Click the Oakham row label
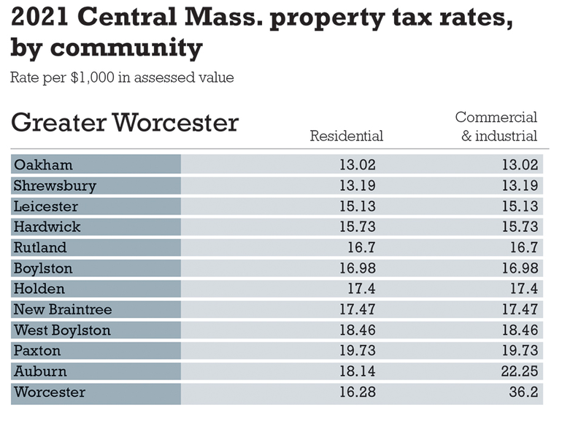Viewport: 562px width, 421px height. (x=43, y=164)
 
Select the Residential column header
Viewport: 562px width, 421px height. (x=346, y=136)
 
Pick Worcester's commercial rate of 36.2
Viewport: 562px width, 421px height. (x=524, y=392)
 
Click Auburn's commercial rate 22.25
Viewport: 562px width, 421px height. (x=520, y=371)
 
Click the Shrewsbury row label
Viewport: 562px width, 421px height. (x=55, y=186)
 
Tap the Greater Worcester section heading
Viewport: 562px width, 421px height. (x=124, y=122)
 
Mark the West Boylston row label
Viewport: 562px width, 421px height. (x=62, y=330)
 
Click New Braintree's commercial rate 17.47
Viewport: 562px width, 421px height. (x=520, y=310)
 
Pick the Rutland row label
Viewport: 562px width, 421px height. (x=40, y=248)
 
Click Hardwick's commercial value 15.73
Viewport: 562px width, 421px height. (x=520, y=227)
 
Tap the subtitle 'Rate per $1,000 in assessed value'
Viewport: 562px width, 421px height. (x=122, y=77)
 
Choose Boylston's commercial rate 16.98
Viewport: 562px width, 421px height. (x=520, y=268)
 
